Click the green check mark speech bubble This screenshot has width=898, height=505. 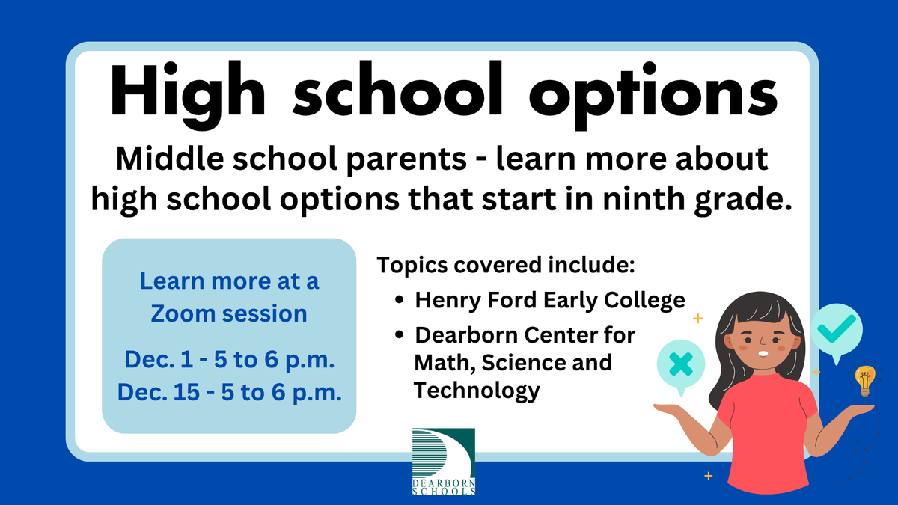pos(837,328)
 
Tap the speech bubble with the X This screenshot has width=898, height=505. pos(679,364)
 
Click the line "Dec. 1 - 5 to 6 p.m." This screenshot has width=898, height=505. pos(229,359)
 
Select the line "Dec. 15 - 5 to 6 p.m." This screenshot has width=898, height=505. pos(229,392)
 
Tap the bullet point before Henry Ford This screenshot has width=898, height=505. pos(400,301)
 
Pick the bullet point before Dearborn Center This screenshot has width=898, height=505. pos(400,335)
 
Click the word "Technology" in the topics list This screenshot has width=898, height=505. pos(477,390)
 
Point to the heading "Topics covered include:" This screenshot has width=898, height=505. pos(506,265)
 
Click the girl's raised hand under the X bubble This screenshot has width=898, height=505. pos(677,408)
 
